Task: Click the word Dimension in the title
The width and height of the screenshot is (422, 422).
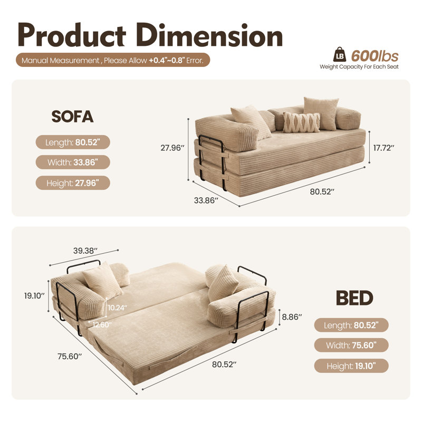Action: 209,35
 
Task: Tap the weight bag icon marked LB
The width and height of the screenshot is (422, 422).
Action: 340,55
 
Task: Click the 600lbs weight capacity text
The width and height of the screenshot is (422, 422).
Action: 375,56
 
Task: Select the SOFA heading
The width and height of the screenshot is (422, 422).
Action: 72,117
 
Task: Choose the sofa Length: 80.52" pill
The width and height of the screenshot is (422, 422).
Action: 73,142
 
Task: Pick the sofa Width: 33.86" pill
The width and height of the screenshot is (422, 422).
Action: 73,162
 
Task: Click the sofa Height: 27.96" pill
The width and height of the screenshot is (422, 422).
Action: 73,183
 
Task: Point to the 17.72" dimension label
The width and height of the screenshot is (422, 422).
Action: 383,148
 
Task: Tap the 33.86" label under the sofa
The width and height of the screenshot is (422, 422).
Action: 206,200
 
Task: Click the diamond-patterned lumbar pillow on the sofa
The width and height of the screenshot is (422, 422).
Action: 302,122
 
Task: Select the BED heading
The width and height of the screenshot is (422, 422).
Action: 354,298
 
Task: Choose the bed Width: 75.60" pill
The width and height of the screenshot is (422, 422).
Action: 351,346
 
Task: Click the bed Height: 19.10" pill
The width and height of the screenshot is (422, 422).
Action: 351,366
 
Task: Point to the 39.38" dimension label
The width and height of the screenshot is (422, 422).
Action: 85,251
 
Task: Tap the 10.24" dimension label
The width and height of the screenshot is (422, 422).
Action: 117,308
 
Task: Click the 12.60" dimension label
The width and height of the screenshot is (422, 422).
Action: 102,325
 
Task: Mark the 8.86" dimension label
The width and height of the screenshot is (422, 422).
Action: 292,317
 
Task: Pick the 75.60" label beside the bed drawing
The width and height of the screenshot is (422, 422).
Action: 70,357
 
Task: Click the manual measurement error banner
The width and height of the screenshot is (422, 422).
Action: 113,60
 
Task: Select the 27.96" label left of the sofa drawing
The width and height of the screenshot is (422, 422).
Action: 172,148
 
